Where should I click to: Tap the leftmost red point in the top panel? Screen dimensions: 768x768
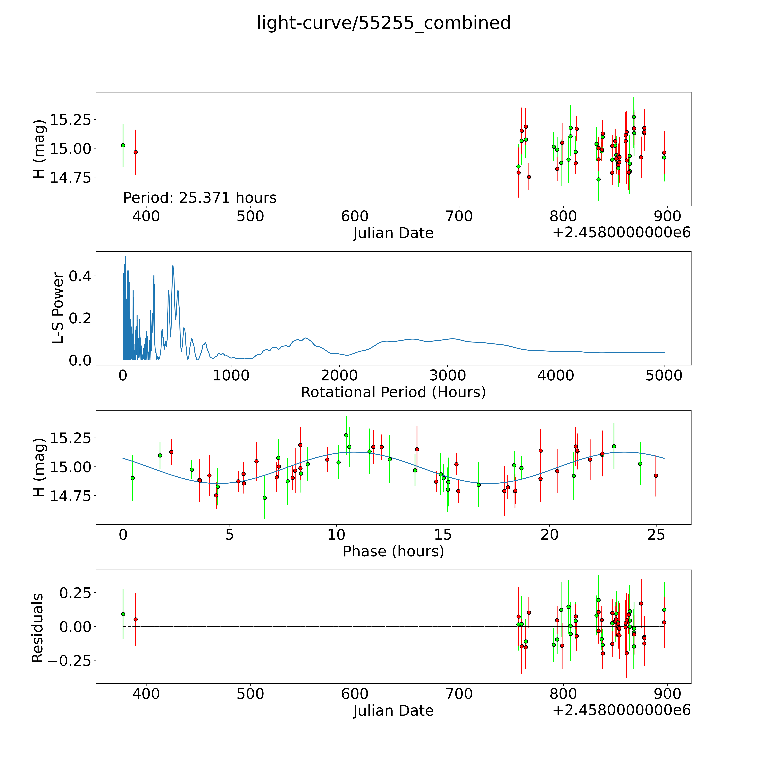(136, 152)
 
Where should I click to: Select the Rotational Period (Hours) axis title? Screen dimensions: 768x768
(393, 392)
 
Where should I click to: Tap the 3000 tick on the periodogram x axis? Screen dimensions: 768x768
(448, 376)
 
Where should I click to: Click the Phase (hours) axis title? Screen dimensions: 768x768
(393, 551)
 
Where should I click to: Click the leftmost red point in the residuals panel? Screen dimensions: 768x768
(136, 619)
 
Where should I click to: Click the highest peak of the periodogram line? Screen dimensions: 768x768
(126, 257)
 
